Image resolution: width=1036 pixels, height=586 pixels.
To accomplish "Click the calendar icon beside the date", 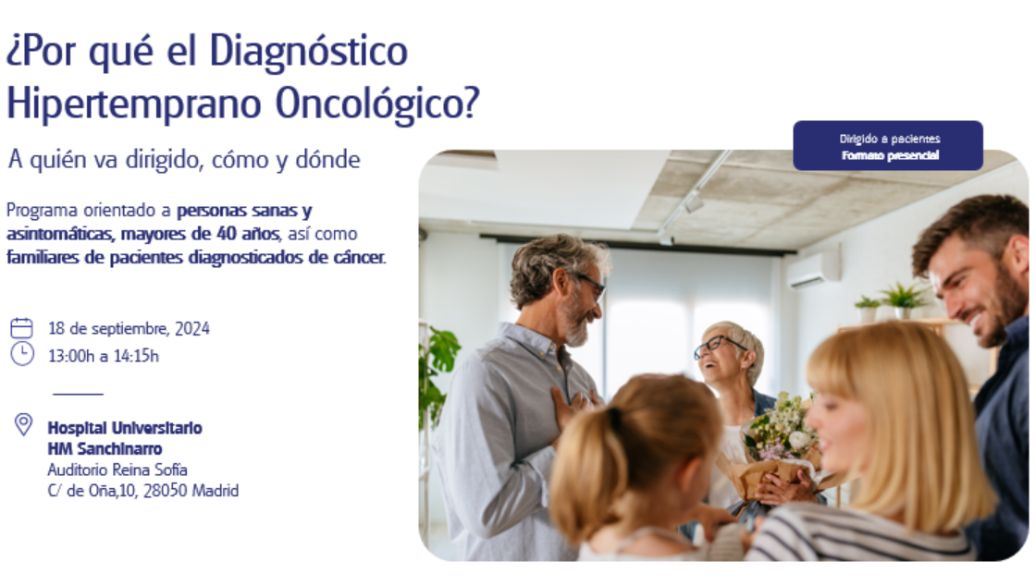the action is click(22, 328).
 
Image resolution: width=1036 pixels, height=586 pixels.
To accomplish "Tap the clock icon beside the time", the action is click(22, 354).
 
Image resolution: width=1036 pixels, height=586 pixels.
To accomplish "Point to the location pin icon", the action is click(23, 424).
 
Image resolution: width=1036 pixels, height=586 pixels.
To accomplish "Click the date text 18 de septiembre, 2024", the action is click(129, 329).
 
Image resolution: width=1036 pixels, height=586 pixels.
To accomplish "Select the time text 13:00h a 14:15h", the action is click(103, 357).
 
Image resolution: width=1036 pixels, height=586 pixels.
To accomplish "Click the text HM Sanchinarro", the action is click(105, 448).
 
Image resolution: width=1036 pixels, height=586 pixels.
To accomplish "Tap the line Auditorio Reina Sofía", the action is click(117, 470).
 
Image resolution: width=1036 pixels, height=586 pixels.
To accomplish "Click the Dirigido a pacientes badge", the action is click(888, 146).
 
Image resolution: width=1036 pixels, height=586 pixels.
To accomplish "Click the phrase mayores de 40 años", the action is click(200, 234).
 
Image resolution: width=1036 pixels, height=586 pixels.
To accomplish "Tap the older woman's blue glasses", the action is click(718, 346).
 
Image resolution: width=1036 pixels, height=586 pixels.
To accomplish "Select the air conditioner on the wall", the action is click(814, 271).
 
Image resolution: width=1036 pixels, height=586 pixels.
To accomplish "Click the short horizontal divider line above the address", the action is click(78, 394).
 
